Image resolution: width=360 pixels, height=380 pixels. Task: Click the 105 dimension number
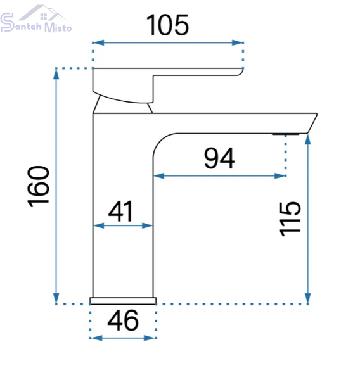pos(167,25)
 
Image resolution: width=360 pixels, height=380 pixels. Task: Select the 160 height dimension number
pos(39,187)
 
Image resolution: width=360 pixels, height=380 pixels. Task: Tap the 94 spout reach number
pos(219,158)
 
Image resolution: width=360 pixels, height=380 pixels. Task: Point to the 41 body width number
pos(120,211)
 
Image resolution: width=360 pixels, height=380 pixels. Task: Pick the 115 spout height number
pos(290,219)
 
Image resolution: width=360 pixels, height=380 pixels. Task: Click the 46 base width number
pos(123,320)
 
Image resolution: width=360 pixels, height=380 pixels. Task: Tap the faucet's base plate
pos(123,300)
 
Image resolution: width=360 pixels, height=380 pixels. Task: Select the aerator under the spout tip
pos(285,134)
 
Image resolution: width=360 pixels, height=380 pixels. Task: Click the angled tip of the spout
pos(312,123)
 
